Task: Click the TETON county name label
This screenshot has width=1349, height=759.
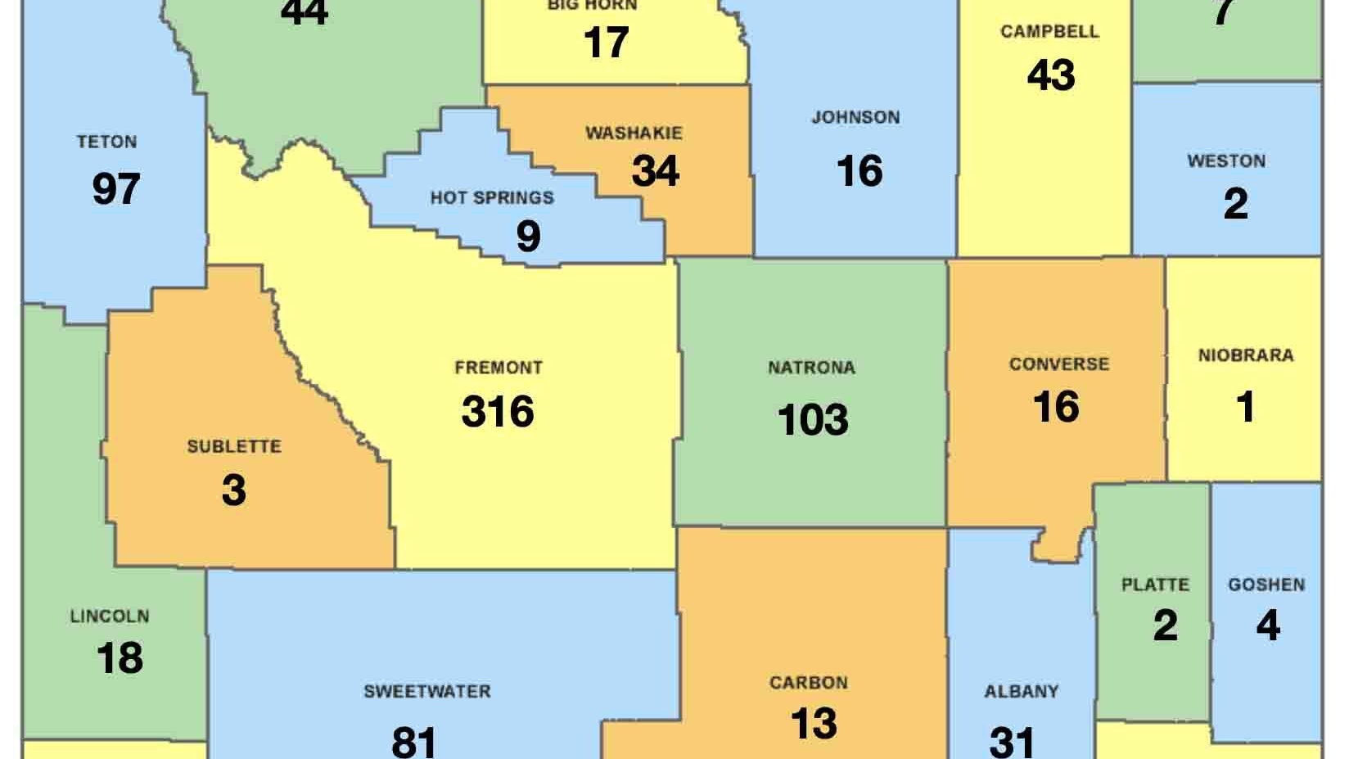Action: pyautogui.click(x=106, y=142)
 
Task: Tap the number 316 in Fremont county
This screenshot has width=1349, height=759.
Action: pyautogui.click(x=498, y=411)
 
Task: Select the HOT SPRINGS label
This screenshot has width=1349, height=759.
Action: pyautogui.click(x=492, y=197)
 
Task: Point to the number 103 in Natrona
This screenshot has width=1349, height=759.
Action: pyautogui.click(x=813, y=420)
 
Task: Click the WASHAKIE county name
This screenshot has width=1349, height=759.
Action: pyautogui.click(x=634, y=133)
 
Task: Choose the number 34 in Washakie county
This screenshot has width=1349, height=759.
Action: pyautogui.click(x=656, y=171)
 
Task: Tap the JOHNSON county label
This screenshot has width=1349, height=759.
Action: pyautogui.click(x=855, y=117)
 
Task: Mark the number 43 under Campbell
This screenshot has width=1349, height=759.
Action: pyautogui.click(x=1051, y=75)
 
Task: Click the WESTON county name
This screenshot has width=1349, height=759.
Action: pyautogui.click(x=1226, y=160)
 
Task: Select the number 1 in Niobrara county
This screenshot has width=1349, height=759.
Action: pyautogui.click(x=1246, y=407)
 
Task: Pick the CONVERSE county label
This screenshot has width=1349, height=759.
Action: pyautogui.click(x=1058, y=364)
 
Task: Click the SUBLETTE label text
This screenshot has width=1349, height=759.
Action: pyautogui.click(x=234, y=446)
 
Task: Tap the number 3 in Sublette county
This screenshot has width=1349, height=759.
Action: pyautogui.click(x=234, y=490)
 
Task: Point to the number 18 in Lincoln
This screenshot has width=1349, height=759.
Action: pyautogui.click(x=120, y=658)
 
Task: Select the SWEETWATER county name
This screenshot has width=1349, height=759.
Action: pyautogui.click(x=427, y=691)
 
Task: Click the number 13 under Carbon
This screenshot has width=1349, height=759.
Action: pyautogui.click(x=814, y=724)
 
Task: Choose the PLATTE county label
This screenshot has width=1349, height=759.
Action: pyautogui.click(x=1155, y=585)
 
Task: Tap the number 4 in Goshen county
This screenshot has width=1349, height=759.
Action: pyautogui.click(x=1267, y=626)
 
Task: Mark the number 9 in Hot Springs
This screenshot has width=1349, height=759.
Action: pyautogui.click(x=528, y=237)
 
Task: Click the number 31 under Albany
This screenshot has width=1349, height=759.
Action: pyautogui.click(x=1013, y=741)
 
